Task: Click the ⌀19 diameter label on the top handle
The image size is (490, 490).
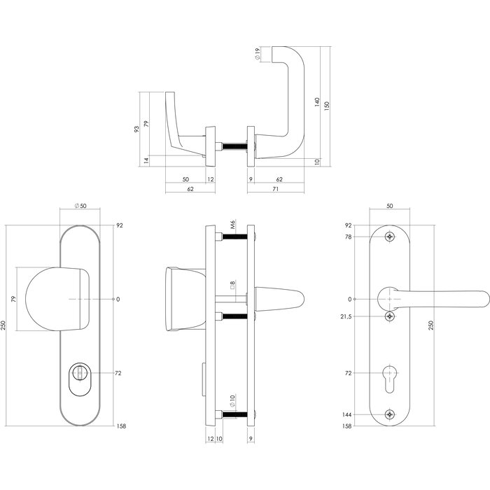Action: coord(258,55)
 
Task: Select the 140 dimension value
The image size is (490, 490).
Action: coord(317,104)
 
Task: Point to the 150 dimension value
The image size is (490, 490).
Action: coord(327,104)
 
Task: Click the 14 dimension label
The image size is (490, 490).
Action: coord(146,160)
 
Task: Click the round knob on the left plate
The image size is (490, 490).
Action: coord(56,299)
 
